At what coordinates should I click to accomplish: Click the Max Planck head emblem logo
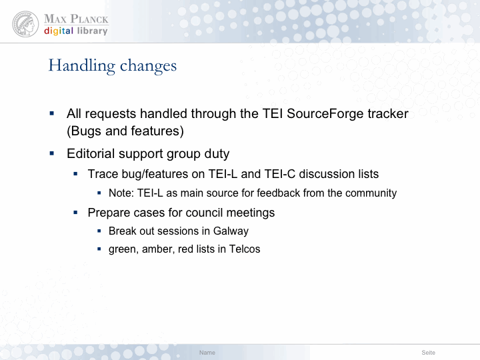click(x=25, y=24)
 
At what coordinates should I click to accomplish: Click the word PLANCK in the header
click(x=89, y=19)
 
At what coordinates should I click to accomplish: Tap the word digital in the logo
click(x=59, y=31)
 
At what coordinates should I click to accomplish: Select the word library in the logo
click(x=92, y=31)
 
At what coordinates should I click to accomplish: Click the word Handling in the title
click(x=82, y=66)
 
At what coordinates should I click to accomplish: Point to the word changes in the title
click(x=148, y=66)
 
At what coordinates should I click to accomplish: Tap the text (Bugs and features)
click(x=125, y=131)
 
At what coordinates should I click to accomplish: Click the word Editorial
click(x=91, y=153)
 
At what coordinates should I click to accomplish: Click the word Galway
click(x=231, y=231)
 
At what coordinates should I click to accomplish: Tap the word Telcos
click(x=245, y=249)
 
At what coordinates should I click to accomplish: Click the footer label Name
click(x=207, y=353)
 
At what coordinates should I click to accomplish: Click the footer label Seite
click(x=428, y=353)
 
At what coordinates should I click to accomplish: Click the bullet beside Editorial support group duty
click(x=52, y=153)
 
